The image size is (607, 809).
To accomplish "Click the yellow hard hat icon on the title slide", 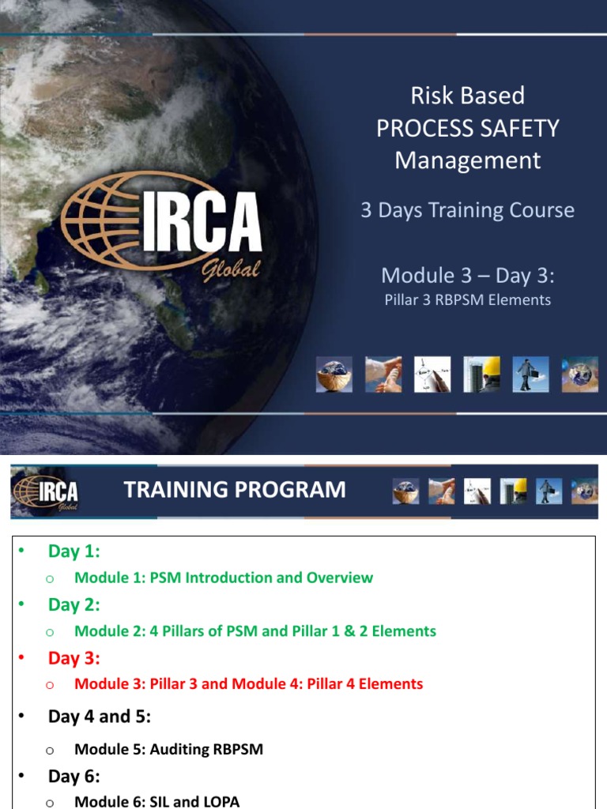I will click(481, 374).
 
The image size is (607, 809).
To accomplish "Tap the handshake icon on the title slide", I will click(383, 374).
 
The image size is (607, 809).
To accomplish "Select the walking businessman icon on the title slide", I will click(530, 374).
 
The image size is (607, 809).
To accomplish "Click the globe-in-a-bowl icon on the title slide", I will click(334, 374).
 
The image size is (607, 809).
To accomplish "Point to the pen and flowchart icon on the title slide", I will click(432, 374).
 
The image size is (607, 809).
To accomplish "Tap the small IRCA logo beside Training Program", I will click(46, 491).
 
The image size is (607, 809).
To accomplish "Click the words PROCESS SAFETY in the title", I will click(467, 128).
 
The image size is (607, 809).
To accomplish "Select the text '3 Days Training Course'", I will click(467, 210).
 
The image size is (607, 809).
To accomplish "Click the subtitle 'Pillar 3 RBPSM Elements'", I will click(467, 299).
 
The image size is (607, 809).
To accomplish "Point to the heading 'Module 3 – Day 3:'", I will click(467, 275).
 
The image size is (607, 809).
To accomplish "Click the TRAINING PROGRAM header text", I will click(235, 490).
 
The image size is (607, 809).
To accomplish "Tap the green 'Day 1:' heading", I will click(74, 551).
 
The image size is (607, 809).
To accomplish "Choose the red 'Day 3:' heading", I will click(74, 658).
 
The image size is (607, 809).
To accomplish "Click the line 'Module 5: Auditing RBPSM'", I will click(168, 749).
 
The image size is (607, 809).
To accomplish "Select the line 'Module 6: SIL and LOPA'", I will click(156, 802).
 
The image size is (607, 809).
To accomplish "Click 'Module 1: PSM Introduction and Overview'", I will click(224, 578).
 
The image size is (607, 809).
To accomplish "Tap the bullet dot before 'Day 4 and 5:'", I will click(22, 716).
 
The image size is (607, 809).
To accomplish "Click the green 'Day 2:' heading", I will click(74, 604).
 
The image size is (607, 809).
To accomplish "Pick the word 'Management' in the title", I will click(467, 160).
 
